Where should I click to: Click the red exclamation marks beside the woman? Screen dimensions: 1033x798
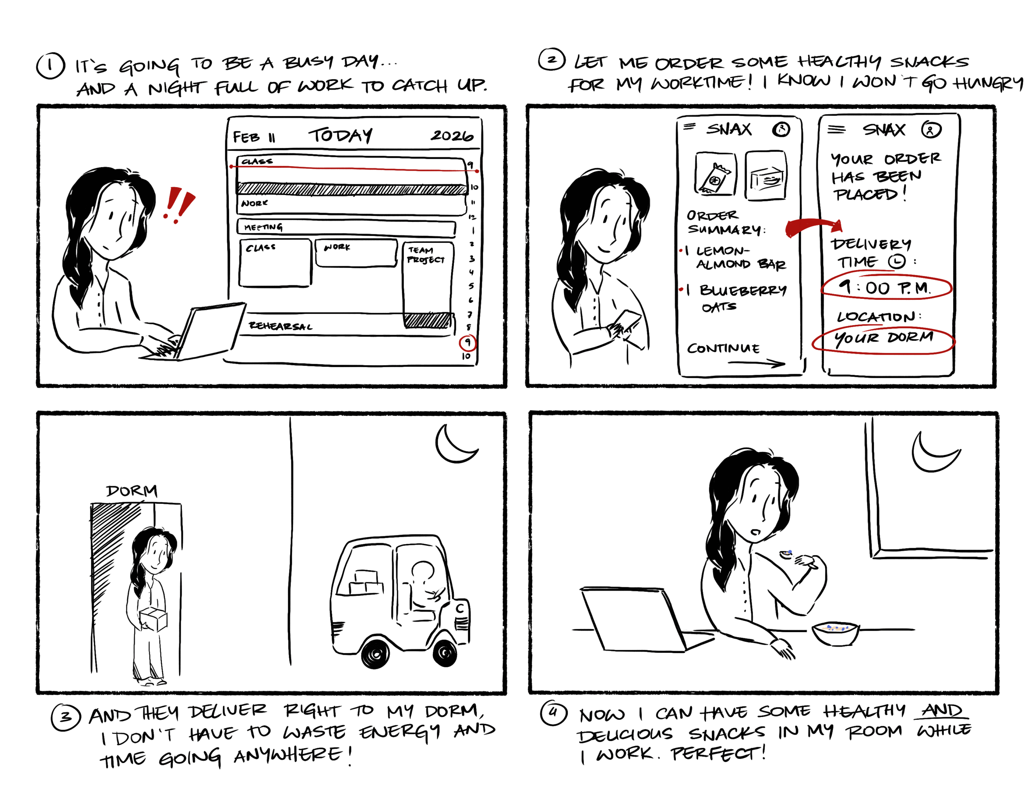click(178, 205)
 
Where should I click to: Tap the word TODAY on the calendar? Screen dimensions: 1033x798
click(341, 135)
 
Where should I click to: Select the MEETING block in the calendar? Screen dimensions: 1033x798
click(346, 228)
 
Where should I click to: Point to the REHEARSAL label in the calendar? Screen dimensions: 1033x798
click(280, 326)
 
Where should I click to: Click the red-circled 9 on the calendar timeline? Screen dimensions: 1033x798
click(467, 342)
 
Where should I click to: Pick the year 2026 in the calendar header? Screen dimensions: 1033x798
click(452, 136)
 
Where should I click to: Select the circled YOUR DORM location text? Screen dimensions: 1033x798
click(883, 340)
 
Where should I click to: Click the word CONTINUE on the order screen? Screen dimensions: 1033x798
click(723, 349)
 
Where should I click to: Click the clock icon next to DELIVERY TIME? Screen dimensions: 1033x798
click(896, 261)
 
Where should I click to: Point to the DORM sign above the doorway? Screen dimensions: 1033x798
click(132, 491)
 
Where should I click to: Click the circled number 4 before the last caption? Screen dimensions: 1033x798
click(553, 713)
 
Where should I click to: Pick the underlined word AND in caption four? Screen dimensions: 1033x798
click(941, 711)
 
